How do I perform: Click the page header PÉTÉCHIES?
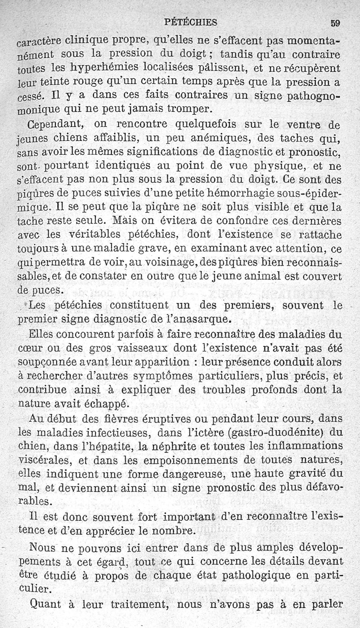point(191,22)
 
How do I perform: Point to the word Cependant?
point(54,124)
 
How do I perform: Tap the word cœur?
point(39,348)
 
